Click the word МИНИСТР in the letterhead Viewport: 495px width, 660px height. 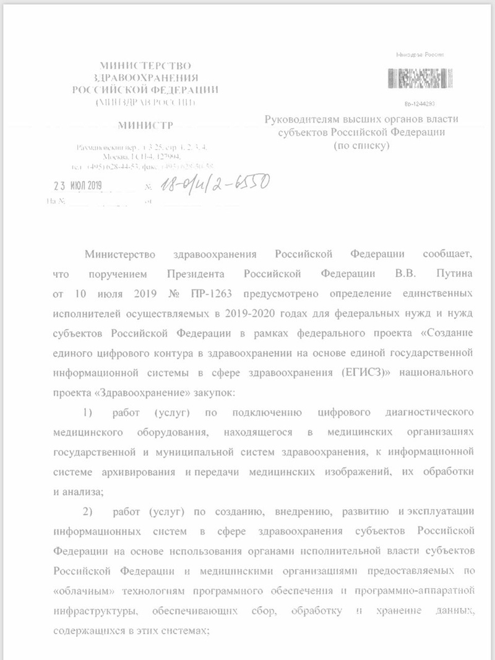[146, 126]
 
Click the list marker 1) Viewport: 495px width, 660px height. [88, 411]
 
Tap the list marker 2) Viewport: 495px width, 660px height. [88, 511]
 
